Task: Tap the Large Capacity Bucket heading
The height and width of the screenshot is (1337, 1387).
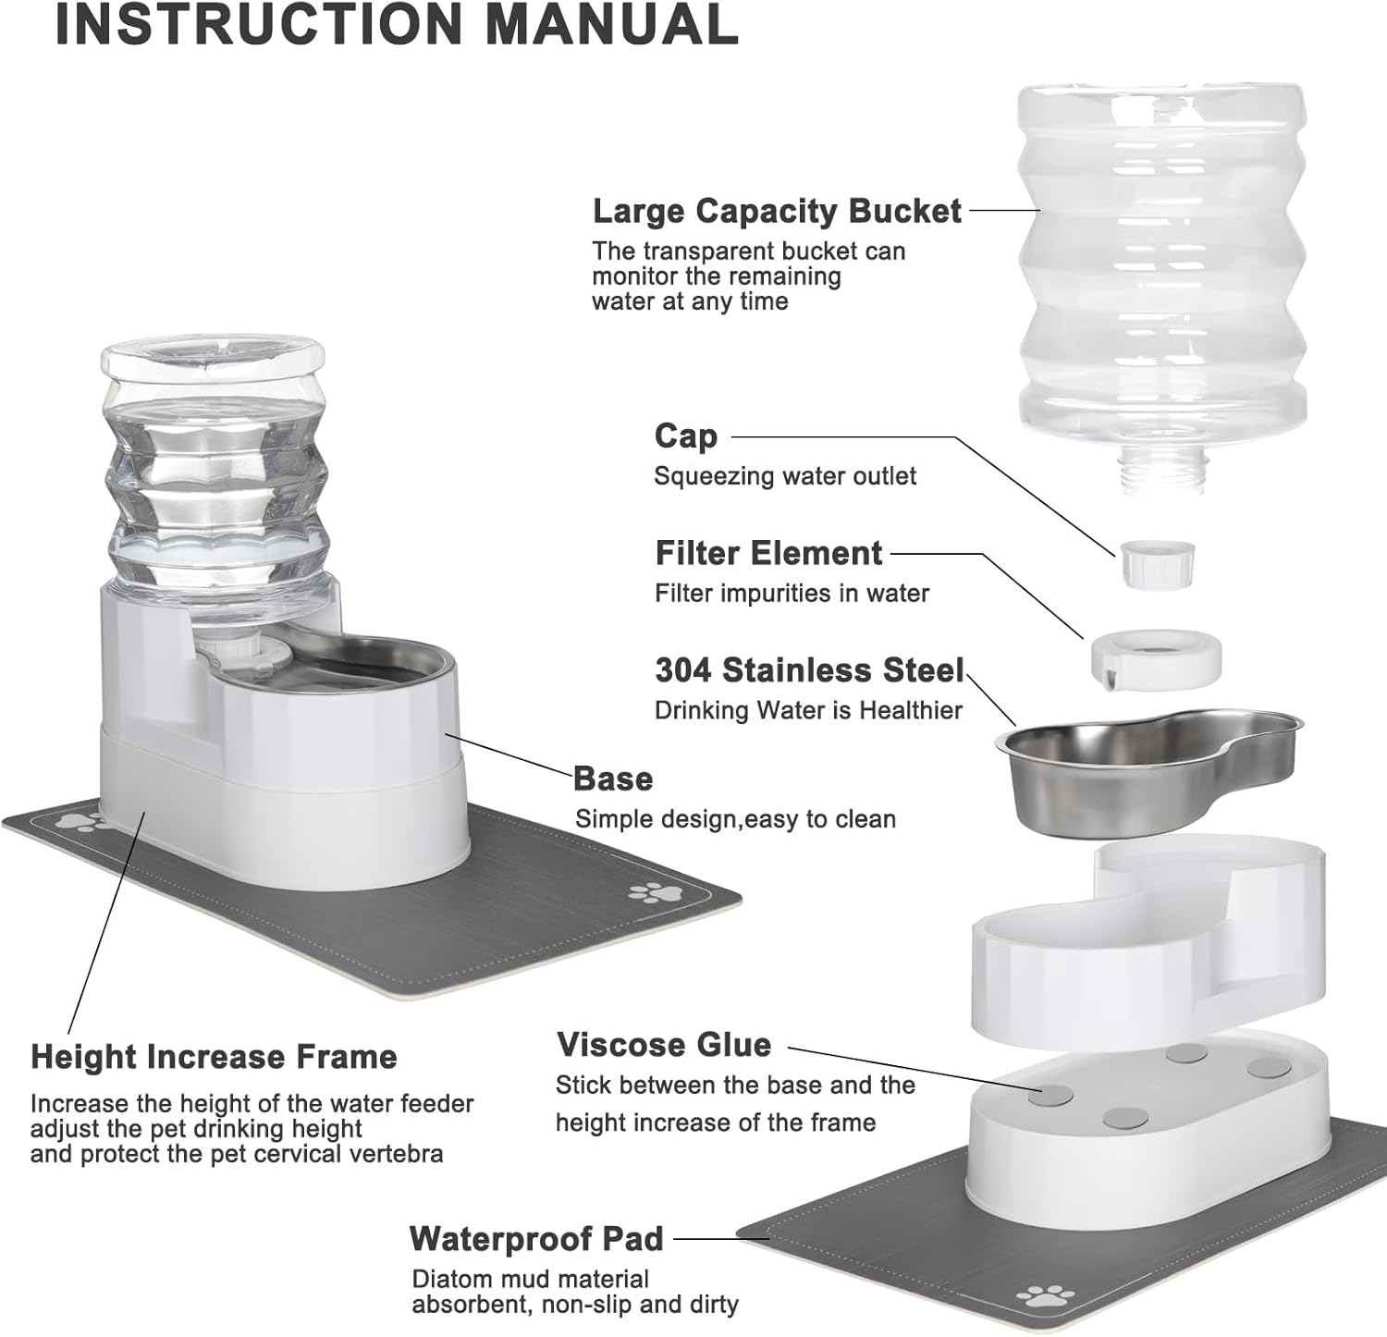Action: (x=777, y=211)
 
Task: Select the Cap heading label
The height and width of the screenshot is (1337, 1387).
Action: (x=685, y=435)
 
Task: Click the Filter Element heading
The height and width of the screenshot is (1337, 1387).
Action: (x=768, y=553)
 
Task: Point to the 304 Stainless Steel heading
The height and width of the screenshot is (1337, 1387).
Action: (x=809, y=669)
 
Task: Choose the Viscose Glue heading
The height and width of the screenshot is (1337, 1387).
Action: (x=664, y=1045)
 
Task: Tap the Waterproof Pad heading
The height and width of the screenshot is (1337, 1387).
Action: (x=536, y=1239)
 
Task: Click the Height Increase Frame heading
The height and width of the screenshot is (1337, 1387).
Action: (x=214, y=1057)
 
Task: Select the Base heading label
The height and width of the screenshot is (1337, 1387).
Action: (x=613, y=779)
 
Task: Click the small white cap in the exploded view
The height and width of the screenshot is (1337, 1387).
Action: (x=1156, y=563)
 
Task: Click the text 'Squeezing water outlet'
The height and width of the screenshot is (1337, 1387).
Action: (x=785, y=476)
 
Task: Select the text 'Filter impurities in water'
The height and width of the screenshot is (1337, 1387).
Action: (x=792, y=594)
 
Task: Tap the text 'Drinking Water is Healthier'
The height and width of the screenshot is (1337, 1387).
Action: (x=808, y=710)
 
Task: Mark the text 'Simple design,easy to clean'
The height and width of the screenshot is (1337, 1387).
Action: (x=735, y=819)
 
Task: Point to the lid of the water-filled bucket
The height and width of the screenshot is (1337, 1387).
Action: (x=213, y=355)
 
